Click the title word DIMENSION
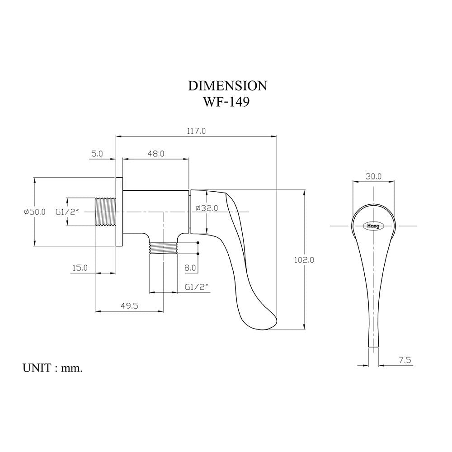click(x=227, y=86)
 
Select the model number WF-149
click(x=226, y=102)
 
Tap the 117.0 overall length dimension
click(x=196, y=131)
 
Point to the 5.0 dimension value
click(x=97, y=154)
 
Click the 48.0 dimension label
click(x=156, y=154)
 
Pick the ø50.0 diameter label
click(x=35, y=212)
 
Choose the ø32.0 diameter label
click(x=207, y=208)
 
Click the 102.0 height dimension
click(x=304, y=260)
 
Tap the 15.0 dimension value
click(x=80, y=268)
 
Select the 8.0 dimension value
click(x=190, y=268)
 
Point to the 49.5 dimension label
click(x=129, y=306)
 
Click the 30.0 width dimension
click(x=374, y=176)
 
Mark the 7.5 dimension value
click(x=405, y=360)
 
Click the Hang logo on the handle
click(x=373, y=226)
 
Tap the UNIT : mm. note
click(x=53, y=368)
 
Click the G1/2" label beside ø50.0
click(x=67, y=212)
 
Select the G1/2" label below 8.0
click(x=197, y=287)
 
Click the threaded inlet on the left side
click(x=105, y=212)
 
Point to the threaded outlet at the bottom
click(x=163, y=248)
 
